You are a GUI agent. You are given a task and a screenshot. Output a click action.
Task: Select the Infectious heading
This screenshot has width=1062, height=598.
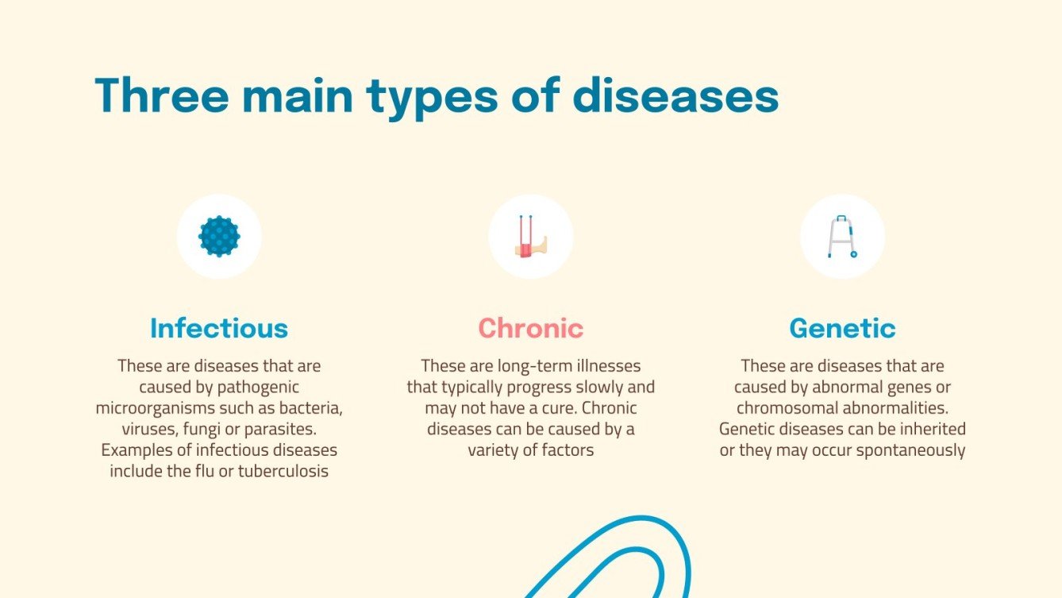pos(219,328)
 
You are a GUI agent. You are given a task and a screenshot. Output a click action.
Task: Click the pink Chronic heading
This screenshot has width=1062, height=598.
pos(530,328)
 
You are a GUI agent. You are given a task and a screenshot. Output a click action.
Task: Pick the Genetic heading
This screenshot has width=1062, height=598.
pos(842,328)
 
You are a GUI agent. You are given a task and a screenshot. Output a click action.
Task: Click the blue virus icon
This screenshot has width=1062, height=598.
pos(219,236)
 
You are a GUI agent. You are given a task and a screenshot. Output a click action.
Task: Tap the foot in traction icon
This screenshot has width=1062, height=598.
pos(530,236)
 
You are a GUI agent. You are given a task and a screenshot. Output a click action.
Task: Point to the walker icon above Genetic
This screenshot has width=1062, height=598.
pos(842,236)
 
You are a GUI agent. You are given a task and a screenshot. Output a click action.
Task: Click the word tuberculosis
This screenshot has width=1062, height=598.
pos(283,471)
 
